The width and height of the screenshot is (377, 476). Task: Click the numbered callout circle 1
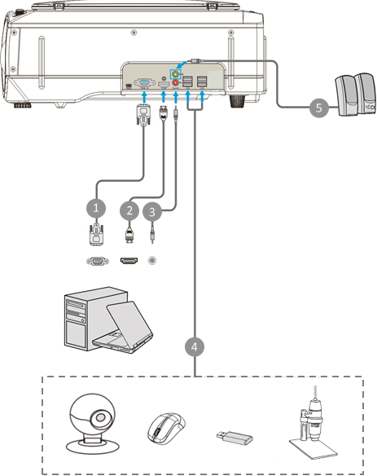coord(96,209)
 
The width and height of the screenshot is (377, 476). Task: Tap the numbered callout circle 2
coord(129,210)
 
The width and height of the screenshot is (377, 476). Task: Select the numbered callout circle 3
coord(152,212)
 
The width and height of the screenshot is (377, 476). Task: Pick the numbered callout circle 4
coord(195,346)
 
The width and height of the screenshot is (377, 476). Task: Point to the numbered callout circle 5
coord(318,108)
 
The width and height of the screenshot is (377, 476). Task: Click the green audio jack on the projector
coord(175,74)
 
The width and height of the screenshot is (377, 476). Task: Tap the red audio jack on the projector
coord(175,82)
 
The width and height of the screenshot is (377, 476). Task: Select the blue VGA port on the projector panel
coord(144,82)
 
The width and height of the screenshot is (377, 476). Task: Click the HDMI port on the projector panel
coord(164,85)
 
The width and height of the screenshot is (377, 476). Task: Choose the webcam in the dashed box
coord(91,423)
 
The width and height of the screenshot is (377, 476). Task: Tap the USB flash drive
coord(235,438)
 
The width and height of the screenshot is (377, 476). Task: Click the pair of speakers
coord(356,95)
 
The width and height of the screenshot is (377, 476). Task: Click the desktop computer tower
coord(88,319)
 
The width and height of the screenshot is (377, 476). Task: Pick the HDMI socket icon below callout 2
coord(129,261)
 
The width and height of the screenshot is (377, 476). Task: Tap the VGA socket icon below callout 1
coord(98,261)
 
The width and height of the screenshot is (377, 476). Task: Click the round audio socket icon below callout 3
coord(152,261)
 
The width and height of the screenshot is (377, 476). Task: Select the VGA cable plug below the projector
coord(144,114)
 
